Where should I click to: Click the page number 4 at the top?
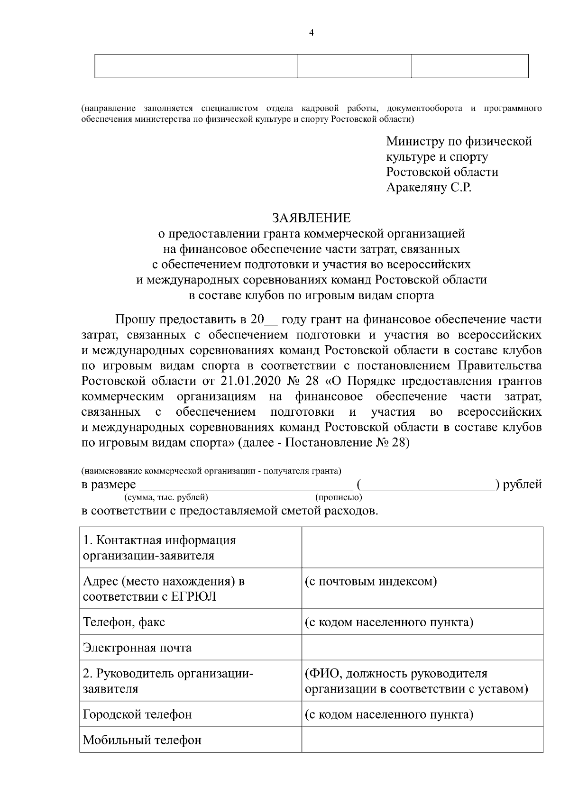pyautogui.click(x=311, y=33)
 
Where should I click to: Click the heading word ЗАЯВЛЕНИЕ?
pyautogui.click(x=311, y=218)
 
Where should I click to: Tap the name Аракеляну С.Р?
pyautogui.click(x=429, y=188)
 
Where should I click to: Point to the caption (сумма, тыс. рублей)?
pyautogui.click(x=166, y=497)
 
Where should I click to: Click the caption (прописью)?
pyautogui.click(x=338, y=497)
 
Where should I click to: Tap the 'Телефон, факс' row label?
pyautogui.click(x=124, y=622)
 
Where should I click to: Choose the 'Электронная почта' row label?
pyautogui.click(x=137, y=647)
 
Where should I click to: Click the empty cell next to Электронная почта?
pyautogui.click(x=422, y=647)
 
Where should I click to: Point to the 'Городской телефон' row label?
pyautogui.click(x=137, y=714)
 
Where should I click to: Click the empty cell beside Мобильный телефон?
pyautogui.click(x=422, y=740)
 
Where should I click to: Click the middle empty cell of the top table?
pyautogui.click(x=354, y=66)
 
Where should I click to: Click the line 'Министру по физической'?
pyautogui.click(x=459, y=141)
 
